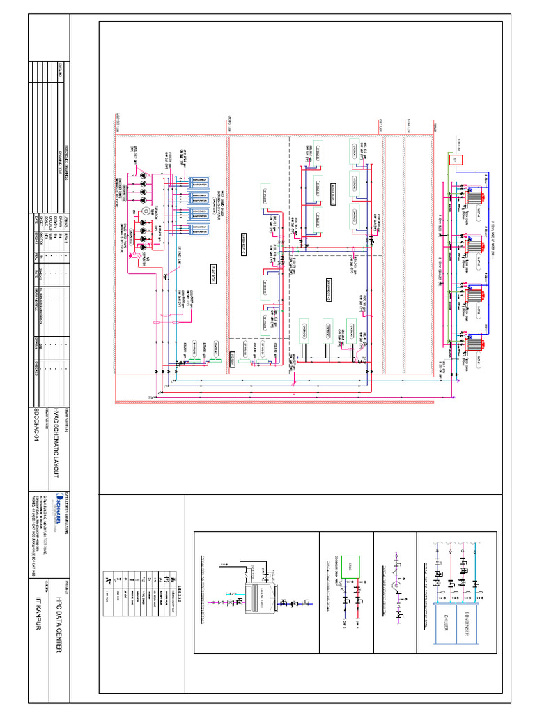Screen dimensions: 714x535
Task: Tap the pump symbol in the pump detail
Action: (x=394, y=586)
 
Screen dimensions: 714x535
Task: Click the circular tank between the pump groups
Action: (x=145, y=210)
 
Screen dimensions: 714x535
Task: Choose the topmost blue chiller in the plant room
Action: (x=197, y=181)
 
